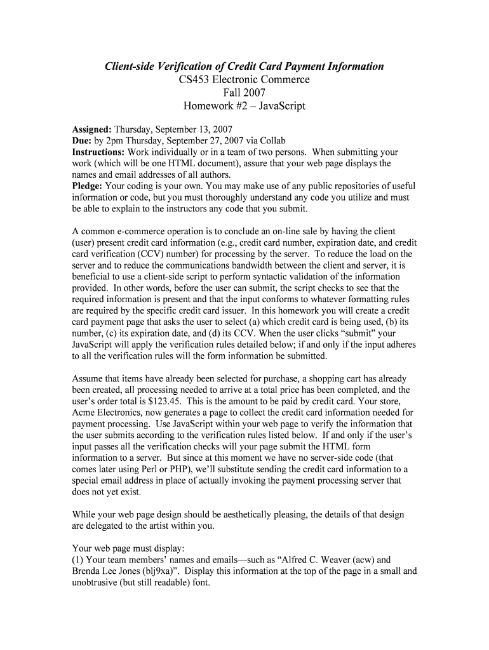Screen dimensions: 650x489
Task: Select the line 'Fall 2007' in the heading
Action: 244,93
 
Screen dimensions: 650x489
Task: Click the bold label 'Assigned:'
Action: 91,129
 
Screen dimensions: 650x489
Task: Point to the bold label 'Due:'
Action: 81,140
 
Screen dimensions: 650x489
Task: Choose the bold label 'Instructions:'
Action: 98,152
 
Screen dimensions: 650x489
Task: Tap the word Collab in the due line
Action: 271,140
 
